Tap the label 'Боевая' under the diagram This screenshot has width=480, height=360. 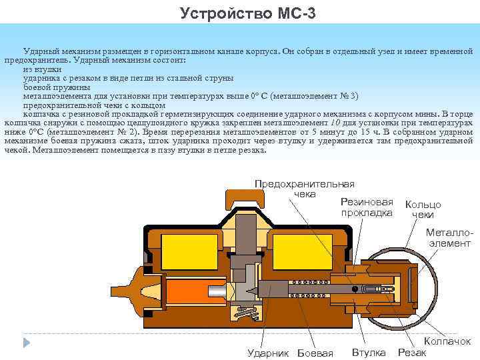point(315,353)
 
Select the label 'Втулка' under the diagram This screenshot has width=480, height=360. point(369,351)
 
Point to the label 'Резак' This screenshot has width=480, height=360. point(411,352)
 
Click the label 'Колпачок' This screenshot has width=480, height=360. point(447,341)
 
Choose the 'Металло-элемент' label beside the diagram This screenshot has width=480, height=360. point(448,238)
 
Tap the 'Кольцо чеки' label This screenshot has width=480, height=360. point(423,209)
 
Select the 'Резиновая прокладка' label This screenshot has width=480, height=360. point(367,207)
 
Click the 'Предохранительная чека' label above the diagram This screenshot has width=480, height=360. point(305,189)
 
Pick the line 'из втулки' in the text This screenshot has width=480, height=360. point(43,69)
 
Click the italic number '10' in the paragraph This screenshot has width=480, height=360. point(337,123)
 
